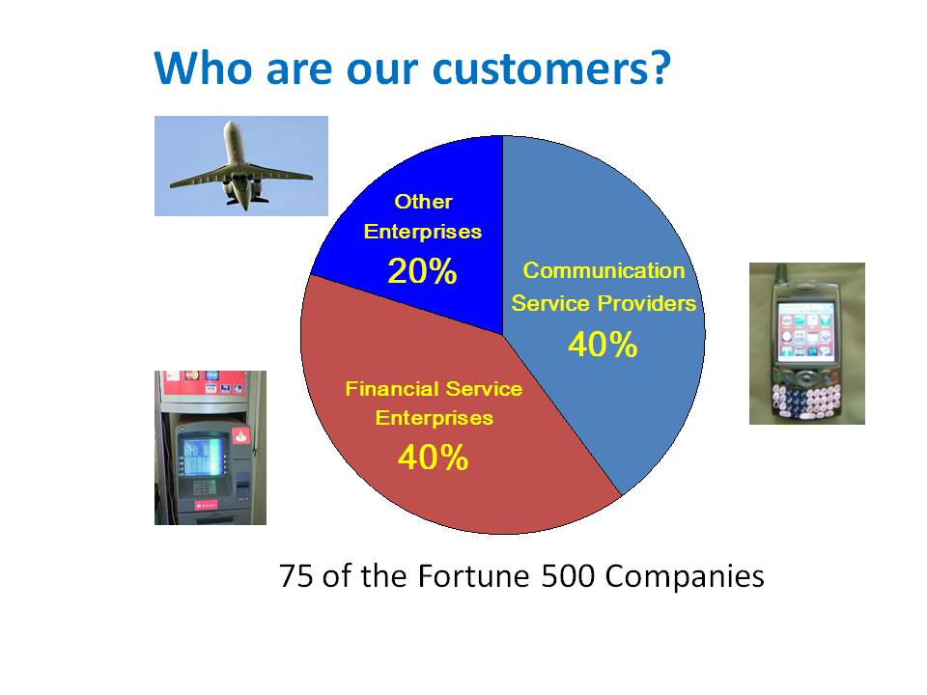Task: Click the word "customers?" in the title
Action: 551,69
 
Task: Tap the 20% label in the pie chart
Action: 422,271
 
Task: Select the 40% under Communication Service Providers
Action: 603,344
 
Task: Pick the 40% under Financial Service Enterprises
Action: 434,458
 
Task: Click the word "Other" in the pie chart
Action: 423,202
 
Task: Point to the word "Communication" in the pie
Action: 604,270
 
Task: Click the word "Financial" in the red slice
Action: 392,389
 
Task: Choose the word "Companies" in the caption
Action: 685,577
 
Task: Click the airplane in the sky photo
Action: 240,165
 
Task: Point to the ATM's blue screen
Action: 202,456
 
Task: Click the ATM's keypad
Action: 205,486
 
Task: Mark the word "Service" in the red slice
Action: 484,389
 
